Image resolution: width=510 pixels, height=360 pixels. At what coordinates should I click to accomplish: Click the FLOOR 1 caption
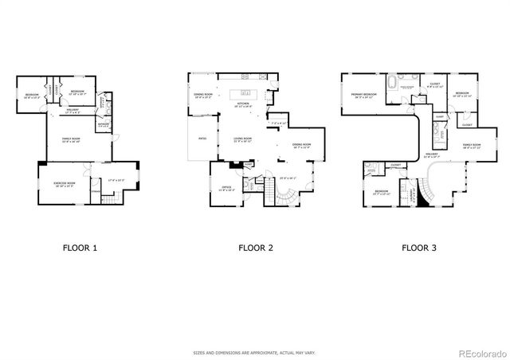tap(80, 248)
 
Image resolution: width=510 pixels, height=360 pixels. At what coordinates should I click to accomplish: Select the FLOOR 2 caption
tap(256, 248)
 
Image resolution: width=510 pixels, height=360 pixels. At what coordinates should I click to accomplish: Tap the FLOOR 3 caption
tap(418, 248)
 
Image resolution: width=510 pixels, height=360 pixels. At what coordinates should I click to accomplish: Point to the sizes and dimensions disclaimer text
tap(255, 351)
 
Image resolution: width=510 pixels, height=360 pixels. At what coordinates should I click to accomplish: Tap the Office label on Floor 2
tap(226, 188)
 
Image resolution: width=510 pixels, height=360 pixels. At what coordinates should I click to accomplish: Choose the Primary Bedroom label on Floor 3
tap(363, 95)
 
